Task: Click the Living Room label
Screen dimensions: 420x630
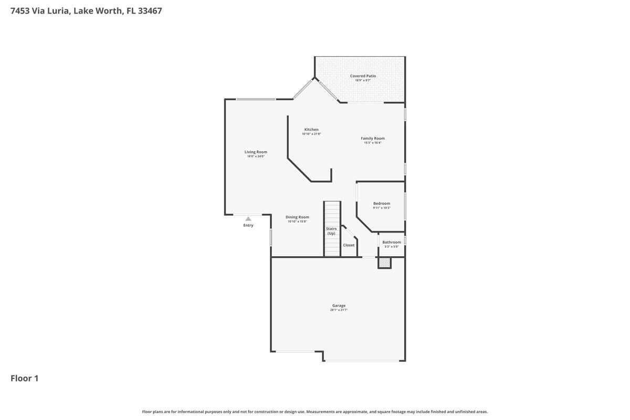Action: pyautogui.click(x=256, y=152)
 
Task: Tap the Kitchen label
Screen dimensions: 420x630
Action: pyautogui.click(x=311, y=130)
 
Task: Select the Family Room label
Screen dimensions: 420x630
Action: pyautogui.click(x=373, y=139)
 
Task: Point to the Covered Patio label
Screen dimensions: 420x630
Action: pyautogui.click(x=363, y=76)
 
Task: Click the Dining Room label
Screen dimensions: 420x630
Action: pyautogui.click(x=297, y=217)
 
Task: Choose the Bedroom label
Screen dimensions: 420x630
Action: pyautogui.click(x=382, y=203)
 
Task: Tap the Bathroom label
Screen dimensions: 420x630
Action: pyautogui.click(x=391, y=242)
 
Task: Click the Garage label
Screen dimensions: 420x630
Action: pyautogui.click(x=339, y=306)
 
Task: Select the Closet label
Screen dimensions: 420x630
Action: pyautogui.click(x=349, y=245)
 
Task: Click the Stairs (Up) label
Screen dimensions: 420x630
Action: pyautogui.click(x=331, y=231)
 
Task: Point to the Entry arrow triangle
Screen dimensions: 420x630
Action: pyautogui.click(x=248, y=219)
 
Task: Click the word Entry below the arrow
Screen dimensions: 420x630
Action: pyautogui.click(x=248, y=226)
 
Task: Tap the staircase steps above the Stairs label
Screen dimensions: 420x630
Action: pyautogui.click(x=332, y=213)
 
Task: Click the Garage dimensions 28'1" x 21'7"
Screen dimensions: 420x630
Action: pyautogui.click(x=339, y=310)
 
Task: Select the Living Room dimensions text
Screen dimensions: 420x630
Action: pyautogui.click(x=256, y=156)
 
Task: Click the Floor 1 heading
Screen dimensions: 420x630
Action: pyautogui.click(x=25, y=378)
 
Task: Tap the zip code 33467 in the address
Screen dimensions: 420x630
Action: pyautogui.click(x=150, y=10)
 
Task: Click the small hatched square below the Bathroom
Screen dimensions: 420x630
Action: pyautogui.click(x=385, y=262)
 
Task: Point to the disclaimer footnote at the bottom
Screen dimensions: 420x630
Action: pyautogui.click(x=315, y=412)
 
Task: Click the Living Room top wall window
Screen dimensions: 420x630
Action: pyautogui.click(x=256, y=99)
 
